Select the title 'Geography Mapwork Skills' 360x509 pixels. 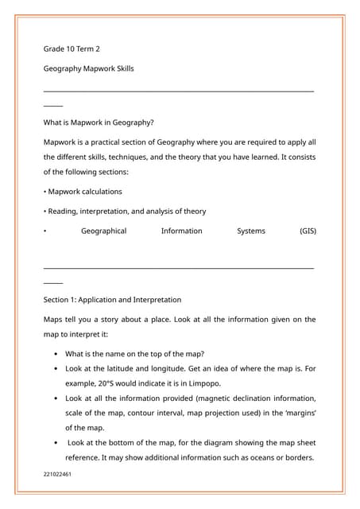(88, 68)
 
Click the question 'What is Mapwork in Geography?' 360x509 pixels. (99, 122)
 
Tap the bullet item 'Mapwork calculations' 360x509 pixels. (84, 192)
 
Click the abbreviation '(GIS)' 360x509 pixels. (308, 231)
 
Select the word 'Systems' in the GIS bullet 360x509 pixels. (251, 231)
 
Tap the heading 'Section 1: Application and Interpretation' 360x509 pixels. (112, 300)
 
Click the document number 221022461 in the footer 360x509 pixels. (57, 474)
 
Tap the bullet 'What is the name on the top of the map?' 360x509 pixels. (135, 354)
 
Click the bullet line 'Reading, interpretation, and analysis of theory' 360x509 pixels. (126, 212)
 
